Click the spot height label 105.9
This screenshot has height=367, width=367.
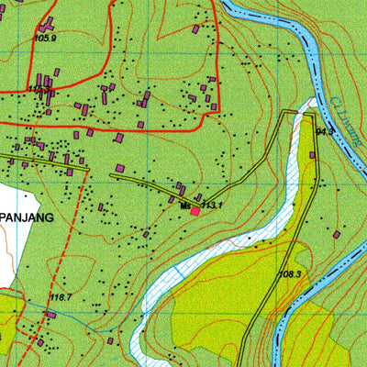45,38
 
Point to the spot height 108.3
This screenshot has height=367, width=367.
290,274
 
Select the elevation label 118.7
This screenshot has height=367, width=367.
61,296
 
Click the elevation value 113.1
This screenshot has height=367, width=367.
214,206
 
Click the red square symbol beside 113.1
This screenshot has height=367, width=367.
195,211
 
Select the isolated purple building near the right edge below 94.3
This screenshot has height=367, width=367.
337,235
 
